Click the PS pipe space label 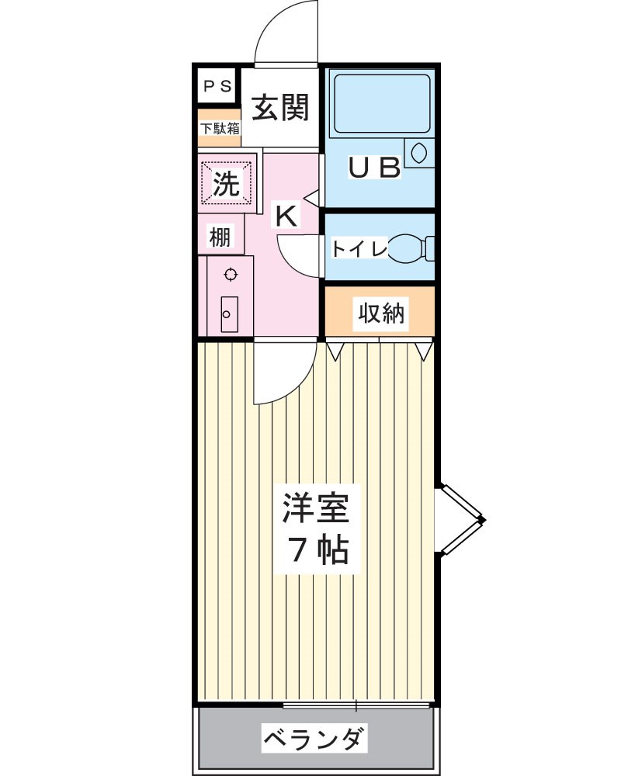[217, 87]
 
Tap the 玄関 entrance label [280, 108]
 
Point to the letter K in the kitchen [286, 217]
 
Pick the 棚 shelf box [220, 237]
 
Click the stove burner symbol [230, 273]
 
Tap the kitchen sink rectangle [229, 314]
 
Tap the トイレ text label [359, 249]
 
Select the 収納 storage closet [381, 313]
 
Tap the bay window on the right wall [460, 519]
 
